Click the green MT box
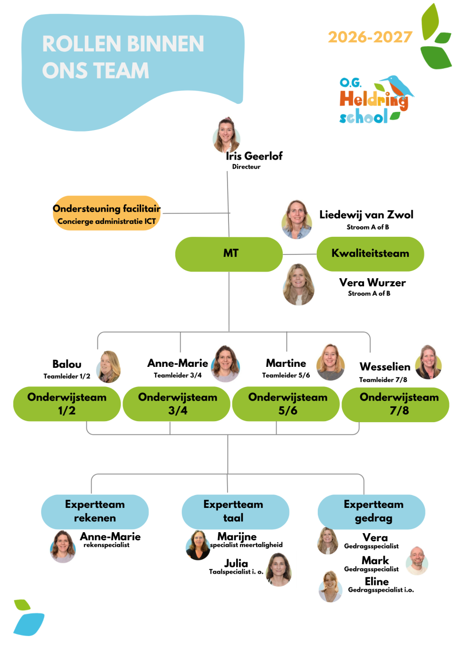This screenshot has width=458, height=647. tap(229, 254)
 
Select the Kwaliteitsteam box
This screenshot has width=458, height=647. tap(370, 254)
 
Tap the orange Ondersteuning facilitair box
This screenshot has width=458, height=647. tap(107, 213)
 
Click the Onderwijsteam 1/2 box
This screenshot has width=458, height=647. tap(67, 404)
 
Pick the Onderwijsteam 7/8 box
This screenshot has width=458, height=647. tap(396, 404)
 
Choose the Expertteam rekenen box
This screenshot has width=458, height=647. tap(95, 512)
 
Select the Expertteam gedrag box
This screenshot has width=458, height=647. tap(372, 512)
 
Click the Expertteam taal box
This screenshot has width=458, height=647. tap(235, 512)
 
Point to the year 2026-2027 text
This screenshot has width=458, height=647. tap(370, 37)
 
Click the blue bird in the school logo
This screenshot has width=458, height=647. tap(399, 87)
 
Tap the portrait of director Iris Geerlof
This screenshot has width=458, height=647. tap(227, 135)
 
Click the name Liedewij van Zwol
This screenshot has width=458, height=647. tap(366, 214)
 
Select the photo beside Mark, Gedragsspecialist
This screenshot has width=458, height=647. tap(417, 561)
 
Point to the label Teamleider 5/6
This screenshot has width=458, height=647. tap(286, 375)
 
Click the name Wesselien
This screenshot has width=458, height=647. tap(385, 366)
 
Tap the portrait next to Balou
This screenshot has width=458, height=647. tap(108, 366)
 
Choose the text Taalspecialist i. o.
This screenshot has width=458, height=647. tap(236, 572)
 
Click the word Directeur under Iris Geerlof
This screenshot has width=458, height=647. tap(246, 167)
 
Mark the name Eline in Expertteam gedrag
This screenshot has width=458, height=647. tap(377, 581)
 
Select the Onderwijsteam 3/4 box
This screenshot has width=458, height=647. tap(177, 404)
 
